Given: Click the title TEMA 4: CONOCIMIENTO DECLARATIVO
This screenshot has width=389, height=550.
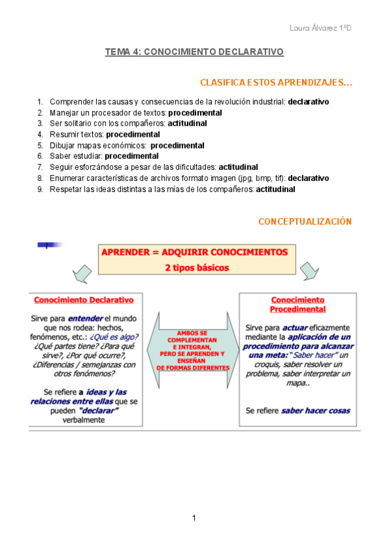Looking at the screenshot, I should [x=195, y=52].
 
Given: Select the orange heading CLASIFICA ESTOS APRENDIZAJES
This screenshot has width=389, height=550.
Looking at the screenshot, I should [x=276, y=83].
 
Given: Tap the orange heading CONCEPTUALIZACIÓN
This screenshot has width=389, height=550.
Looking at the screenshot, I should [x=305, y=222].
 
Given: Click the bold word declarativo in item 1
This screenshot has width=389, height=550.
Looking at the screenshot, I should [x=308, y=102].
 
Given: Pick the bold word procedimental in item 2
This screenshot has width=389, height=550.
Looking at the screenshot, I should [x=195, y=113].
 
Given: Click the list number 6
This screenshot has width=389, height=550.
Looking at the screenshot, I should [x=40, y=156].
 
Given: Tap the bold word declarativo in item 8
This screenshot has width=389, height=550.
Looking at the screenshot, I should [x=308, y=178].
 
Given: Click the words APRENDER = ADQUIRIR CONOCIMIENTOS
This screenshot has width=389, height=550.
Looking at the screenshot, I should [x=195, y=252].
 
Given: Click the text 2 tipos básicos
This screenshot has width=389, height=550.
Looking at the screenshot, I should [x=195, y=267].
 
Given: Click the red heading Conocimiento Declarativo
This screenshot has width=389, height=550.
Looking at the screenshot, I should [x=84, y=300].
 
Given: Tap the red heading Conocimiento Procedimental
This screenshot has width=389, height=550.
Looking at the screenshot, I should [x=297, y=305].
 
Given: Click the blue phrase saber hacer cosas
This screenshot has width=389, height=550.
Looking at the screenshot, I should [x=316, y=411].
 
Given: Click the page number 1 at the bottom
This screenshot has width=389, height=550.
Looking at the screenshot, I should [x=194, y=518].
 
